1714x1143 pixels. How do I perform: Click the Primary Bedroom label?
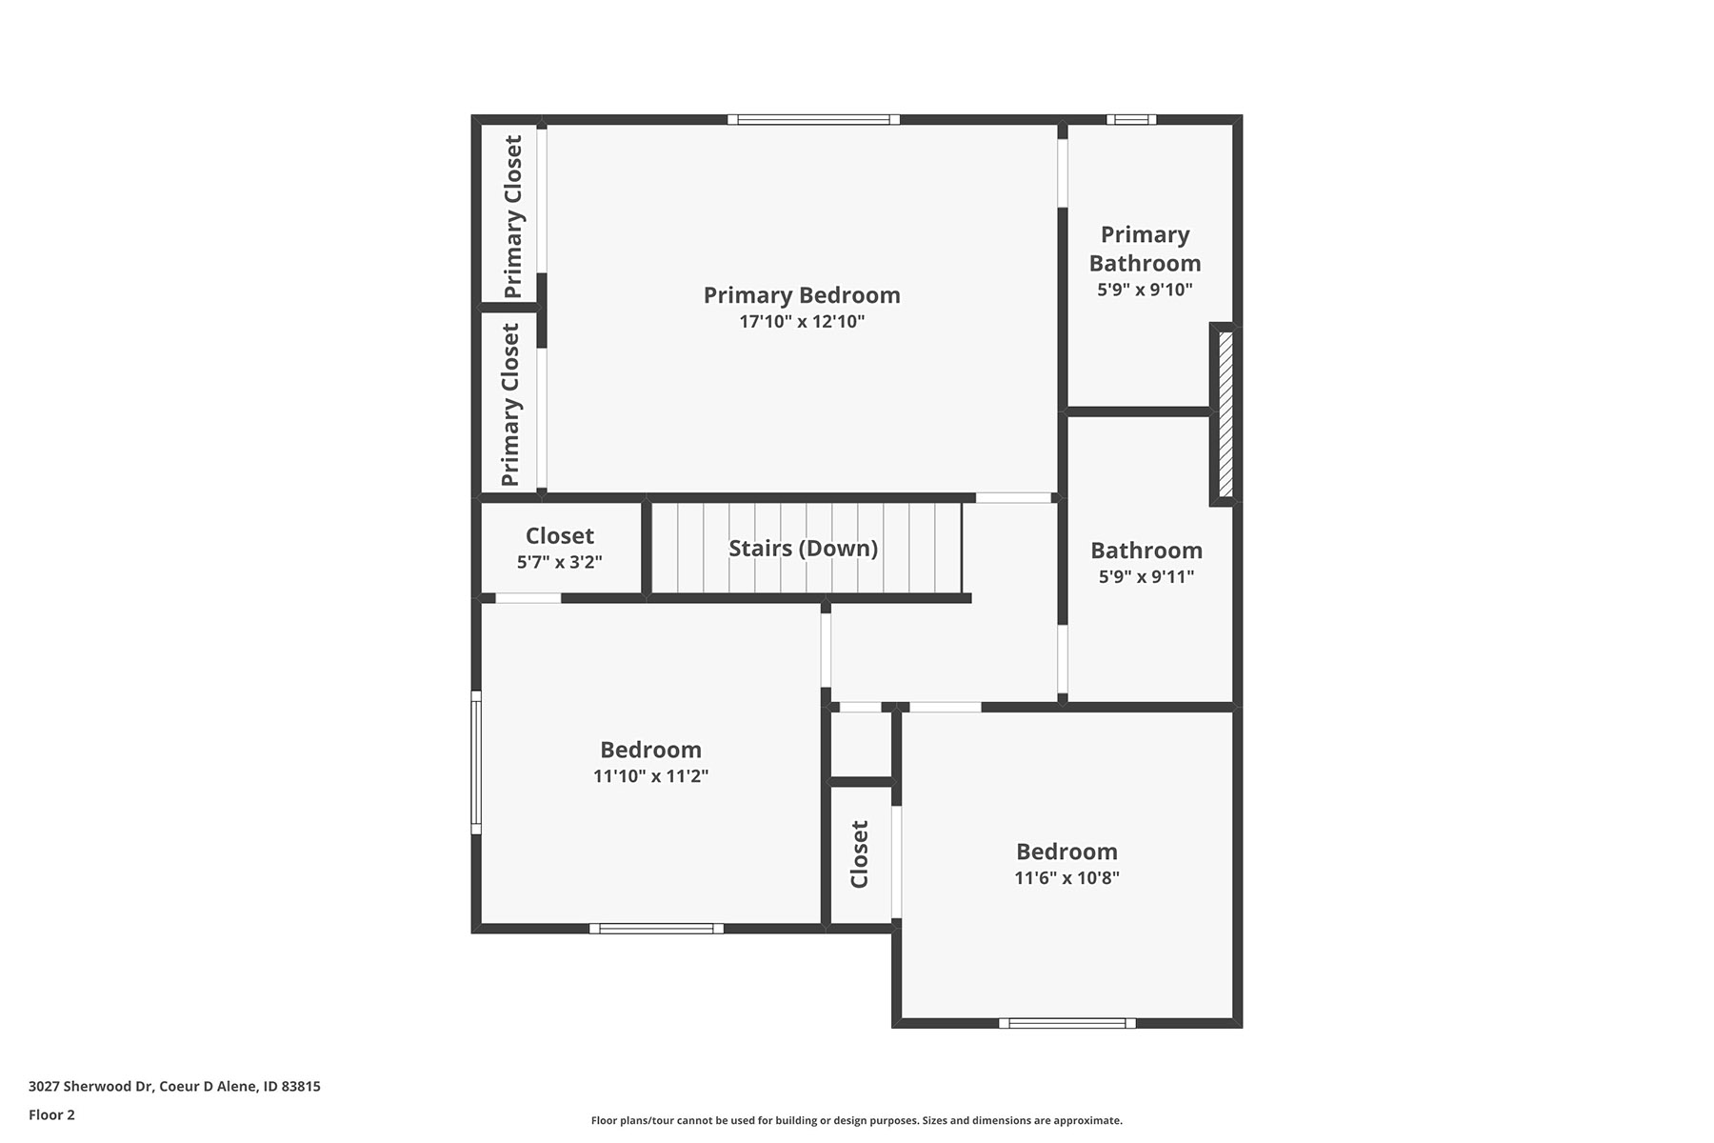(802, 295)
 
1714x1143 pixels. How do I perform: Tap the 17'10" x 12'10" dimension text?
(802, 322)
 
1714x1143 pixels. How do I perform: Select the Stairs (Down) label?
(803, 549)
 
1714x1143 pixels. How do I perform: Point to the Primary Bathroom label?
(1145, 249)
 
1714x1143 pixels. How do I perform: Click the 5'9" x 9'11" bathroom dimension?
(1146, 576)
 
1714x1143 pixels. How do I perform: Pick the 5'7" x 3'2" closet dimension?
(560, 562)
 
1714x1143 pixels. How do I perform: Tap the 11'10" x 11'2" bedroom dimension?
(650, 776)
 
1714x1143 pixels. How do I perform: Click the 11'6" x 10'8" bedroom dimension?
(1066, 878)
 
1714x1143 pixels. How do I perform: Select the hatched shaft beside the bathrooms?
(1226, 414)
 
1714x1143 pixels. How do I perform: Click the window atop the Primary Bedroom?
(814, 119)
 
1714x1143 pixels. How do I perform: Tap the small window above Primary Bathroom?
(1131, 119)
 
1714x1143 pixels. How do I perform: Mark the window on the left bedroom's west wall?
(476, 762)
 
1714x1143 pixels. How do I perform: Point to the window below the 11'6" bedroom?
(1067, 1023)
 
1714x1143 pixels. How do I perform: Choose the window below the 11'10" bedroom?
(656, 929)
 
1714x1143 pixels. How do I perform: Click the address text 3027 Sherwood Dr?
(91, 1086)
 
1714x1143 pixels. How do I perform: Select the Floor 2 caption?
(51, 1114)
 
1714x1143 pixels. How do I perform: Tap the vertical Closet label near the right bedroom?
(859, 854)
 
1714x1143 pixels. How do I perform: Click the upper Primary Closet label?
(512, 216)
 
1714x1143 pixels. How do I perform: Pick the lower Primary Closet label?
(510, 404)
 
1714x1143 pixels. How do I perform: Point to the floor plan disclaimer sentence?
(857, 1121)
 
